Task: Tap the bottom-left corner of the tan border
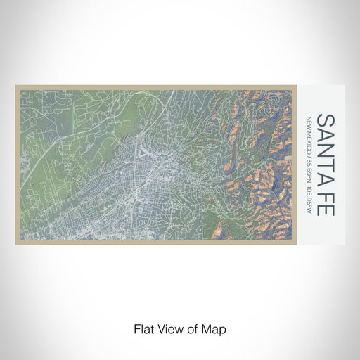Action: [16, 240]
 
